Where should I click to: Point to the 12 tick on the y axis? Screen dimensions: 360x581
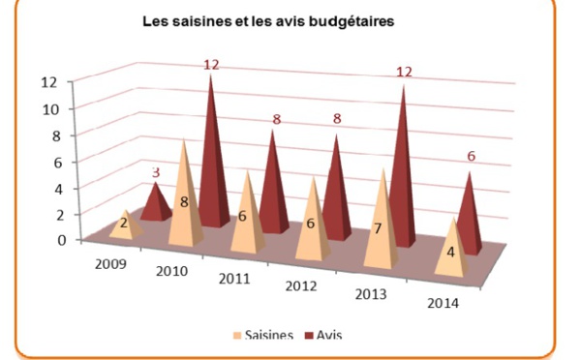(60, 81)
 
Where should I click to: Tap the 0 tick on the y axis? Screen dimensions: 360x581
(63, 240)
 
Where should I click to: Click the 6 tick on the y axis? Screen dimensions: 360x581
(63, 161)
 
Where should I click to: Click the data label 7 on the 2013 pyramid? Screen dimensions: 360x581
(379, 229)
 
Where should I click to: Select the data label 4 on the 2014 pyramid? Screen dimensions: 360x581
(451, 252)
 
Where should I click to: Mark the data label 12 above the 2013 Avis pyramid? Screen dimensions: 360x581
(404, 73)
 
